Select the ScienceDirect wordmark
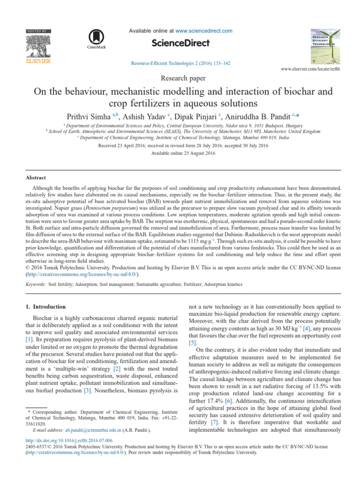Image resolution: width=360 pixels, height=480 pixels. tap(180, 44)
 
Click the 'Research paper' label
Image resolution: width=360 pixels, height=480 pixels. tap(180, 77)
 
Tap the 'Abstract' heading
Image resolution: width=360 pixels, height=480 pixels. tap(36, 178)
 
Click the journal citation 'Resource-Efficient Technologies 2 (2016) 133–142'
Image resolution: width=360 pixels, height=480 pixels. tap(180, 63)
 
